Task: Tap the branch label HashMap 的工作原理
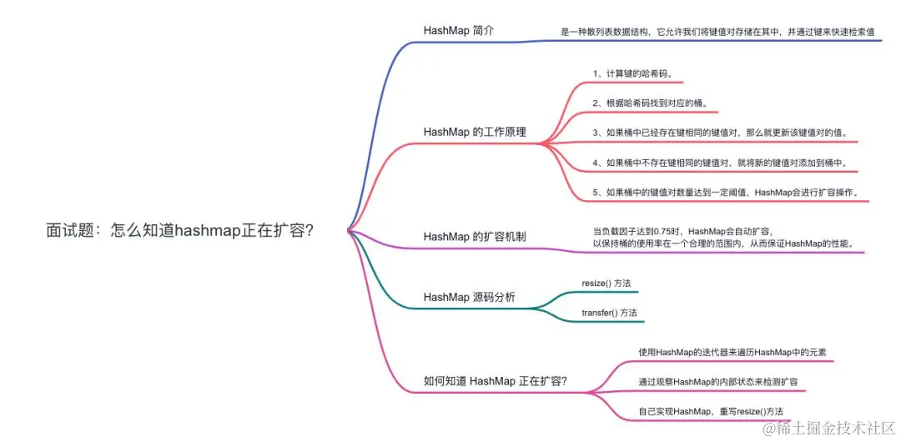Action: pyautogui.click(x=475, y=132)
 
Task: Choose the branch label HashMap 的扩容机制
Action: pyautogui.click(x=475, y=237)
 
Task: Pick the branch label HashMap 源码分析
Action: pyautogui.click(x=469, y=297)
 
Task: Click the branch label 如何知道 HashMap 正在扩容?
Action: pyautogui.click(x=496, y=381)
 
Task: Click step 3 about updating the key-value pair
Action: pyautogui.click(x=725, y=133)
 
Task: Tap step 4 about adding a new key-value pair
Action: pyautogui.click(x=725, y=163)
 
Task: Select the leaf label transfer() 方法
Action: pyautogui.click(x=609, y=313)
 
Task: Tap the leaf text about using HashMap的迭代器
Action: pyautogui.click(x=732, y=353)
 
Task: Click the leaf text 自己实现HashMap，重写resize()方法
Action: pyautogui.click(x=711, y=411)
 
